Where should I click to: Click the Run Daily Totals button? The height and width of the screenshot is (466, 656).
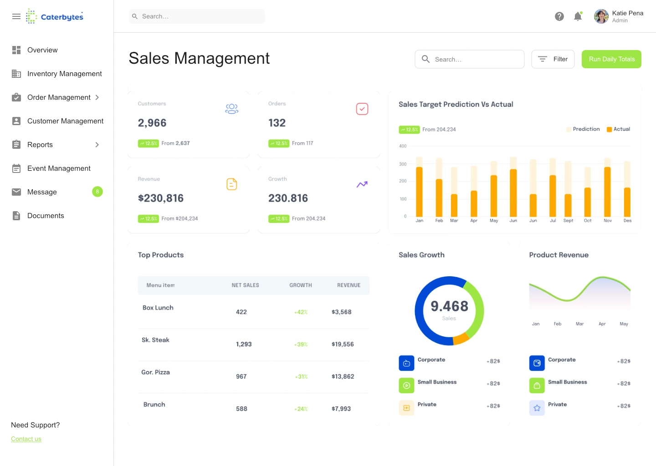[x=611, y=59]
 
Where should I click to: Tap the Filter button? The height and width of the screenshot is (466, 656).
[x=553, y=59]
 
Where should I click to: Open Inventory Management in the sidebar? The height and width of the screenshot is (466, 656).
[x=64, y=74]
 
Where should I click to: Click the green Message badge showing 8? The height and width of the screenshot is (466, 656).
[x=97, y=192]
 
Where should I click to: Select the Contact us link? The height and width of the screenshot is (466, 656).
[x=26, y=439]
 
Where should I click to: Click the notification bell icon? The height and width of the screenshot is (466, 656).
[x=578, y=16]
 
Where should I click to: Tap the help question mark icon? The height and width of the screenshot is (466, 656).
[x=559, y=16]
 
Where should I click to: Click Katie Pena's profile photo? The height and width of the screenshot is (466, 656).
[x=601, y=16]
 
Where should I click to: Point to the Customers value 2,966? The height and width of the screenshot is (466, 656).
[x=152, y=123]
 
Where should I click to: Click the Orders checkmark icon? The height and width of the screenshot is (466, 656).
[x=362, y=109]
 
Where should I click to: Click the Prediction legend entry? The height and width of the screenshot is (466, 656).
[x=583, y=129]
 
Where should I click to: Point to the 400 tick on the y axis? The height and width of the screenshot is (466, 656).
[x=403, y=146]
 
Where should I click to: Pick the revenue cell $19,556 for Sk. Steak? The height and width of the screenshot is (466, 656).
[x=343, y=344]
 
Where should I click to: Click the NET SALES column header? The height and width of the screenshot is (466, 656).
[x=245, y=285]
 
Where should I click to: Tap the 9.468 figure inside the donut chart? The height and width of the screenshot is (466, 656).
[x=449, y=306]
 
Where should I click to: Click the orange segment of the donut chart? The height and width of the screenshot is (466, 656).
[x=461, y=339]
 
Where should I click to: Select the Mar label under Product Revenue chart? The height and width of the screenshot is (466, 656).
[x=579, y=324]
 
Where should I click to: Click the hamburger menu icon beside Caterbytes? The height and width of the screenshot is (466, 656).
[x=16, y=16]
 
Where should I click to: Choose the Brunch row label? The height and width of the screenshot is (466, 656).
[x=154, y=405]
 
